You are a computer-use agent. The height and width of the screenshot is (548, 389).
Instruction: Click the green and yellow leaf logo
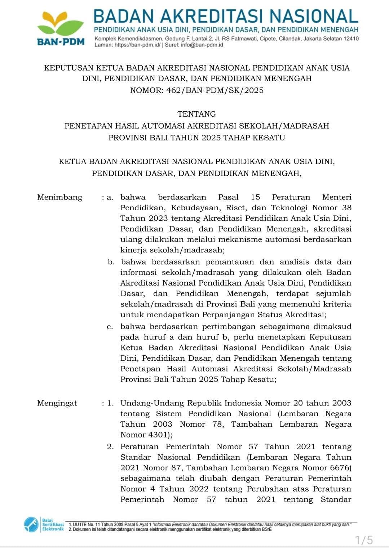click(61, 23)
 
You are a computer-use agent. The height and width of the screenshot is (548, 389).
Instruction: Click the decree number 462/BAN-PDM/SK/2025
click(215, 90)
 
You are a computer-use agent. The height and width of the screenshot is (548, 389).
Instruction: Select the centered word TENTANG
click(196, 114)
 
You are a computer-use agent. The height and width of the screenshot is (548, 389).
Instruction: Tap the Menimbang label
click(59, 197)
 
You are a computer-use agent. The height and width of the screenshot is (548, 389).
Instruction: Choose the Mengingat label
click(57, 403)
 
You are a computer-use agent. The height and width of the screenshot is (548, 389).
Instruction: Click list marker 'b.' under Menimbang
click(111, 262)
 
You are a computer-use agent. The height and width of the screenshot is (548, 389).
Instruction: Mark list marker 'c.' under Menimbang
click(110, 327)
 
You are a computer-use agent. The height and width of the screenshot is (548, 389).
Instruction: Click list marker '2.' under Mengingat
click(110, 447)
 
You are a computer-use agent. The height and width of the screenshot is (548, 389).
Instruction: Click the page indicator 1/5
click(364, 540)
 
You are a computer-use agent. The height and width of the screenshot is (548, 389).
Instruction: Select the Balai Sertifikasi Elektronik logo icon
click(31, 525)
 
